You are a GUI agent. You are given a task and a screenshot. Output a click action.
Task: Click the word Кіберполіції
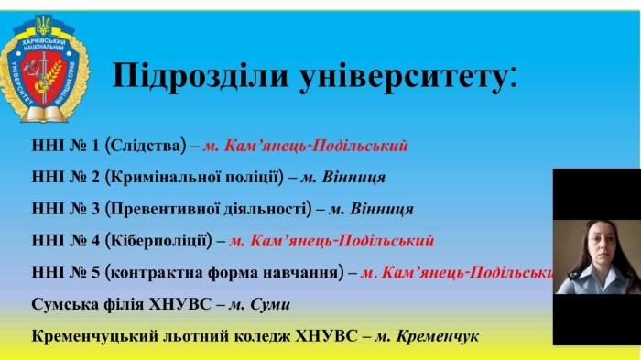[155, 241]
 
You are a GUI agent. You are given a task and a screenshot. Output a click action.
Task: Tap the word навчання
[293, 272]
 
